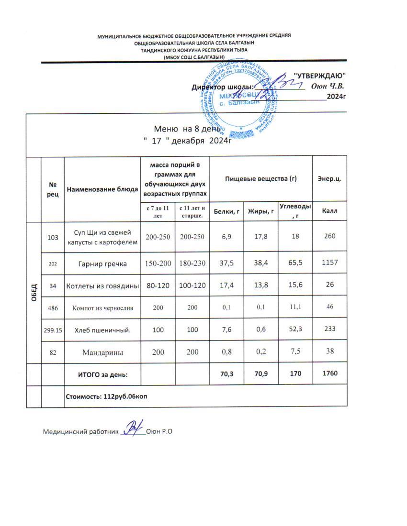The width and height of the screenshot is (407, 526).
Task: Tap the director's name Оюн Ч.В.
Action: pyautogui.click(x=328, y=87)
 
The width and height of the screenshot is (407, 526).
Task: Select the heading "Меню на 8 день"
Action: pyautogui.click(x=187, y=129)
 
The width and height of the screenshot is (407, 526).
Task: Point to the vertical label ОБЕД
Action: pyautogui.click(x=34, y=293)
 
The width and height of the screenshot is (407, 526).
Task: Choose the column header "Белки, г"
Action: pyautogui.click(x=227, y=211)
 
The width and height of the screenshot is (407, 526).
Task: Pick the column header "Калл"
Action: pyautogui.click(x=329, y=211)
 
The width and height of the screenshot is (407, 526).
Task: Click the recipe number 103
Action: pyautogui.click(x=53, y=236)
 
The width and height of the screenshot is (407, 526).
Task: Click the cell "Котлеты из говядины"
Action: pyautogui.click(x=102, y=286)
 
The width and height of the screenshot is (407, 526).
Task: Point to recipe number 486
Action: pyautogui.click(x=53, y=307)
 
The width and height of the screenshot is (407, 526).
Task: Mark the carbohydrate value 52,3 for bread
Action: pyautogui.click(x=294, y=329)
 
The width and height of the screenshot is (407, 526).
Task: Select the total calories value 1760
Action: pyautogui.click(x=329, y=373)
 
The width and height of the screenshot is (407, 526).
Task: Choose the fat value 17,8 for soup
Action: pyautogui.click(x=261, y=236)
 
